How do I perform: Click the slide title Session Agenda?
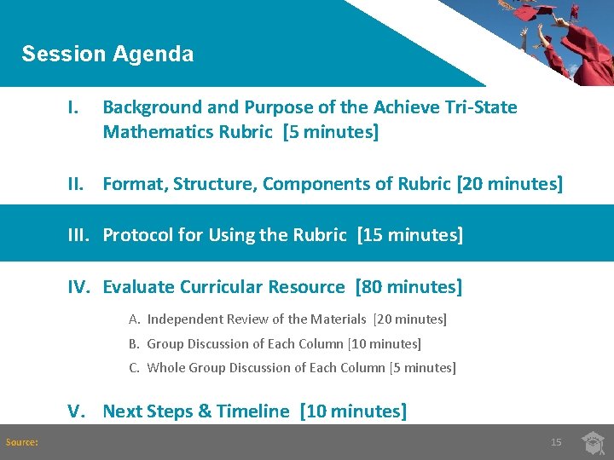(x=107, y=54)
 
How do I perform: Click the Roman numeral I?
(x=74, y=107)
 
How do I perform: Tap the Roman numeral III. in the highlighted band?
(x=82, y=235)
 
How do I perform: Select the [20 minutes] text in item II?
(x=509, y=184)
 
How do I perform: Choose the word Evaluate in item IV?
(x=139, y=287)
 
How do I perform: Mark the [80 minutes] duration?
(x=408, y=287)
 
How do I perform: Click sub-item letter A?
(x=134, y=319)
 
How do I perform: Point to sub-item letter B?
(x=134, y=344)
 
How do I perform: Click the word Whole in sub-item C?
(x=165, y=368)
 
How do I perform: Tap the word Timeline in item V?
(x=253, y=411)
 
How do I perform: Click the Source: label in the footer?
(x=22, y=442)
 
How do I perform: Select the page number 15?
(x=556, y=442)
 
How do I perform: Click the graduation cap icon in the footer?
(x=594, y=442)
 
